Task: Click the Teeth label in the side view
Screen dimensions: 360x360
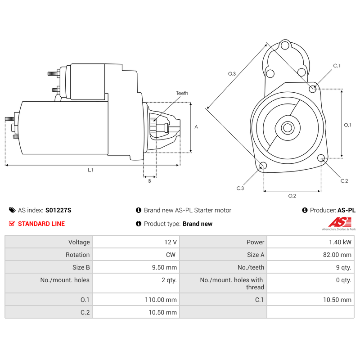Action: [x=182, y=93]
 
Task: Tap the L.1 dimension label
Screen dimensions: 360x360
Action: [x=90, y=170]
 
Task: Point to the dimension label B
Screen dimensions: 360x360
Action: [x=149, y=181]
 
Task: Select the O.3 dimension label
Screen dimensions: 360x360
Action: [x=232, y=73]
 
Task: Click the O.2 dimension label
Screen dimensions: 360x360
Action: [x=292, y=195]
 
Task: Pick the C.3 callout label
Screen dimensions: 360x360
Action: [x=240, y=188]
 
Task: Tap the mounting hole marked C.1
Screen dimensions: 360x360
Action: [x=313, y=89]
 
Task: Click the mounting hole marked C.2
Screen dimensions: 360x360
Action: [x=321, y=158]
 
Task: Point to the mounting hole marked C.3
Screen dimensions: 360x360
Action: [x=263, y=166]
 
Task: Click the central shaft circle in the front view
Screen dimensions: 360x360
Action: [x=287, y=128]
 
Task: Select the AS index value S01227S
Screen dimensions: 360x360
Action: [x=58, y=210]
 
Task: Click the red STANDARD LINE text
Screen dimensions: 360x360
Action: [x=41, y=224]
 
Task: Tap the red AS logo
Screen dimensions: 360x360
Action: [x=338, y=222]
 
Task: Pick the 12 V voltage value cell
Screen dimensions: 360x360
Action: [x=171, y=242]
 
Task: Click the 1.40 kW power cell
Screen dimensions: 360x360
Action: [x=340, y=242]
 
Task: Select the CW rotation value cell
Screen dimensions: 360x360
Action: [x=171, y=255]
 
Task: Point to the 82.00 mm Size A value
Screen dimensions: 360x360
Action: [x=337, y=255]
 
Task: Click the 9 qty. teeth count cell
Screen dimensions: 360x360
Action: [x=343, y=267]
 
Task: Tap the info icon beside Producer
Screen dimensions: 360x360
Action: [x=305, y=210]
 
